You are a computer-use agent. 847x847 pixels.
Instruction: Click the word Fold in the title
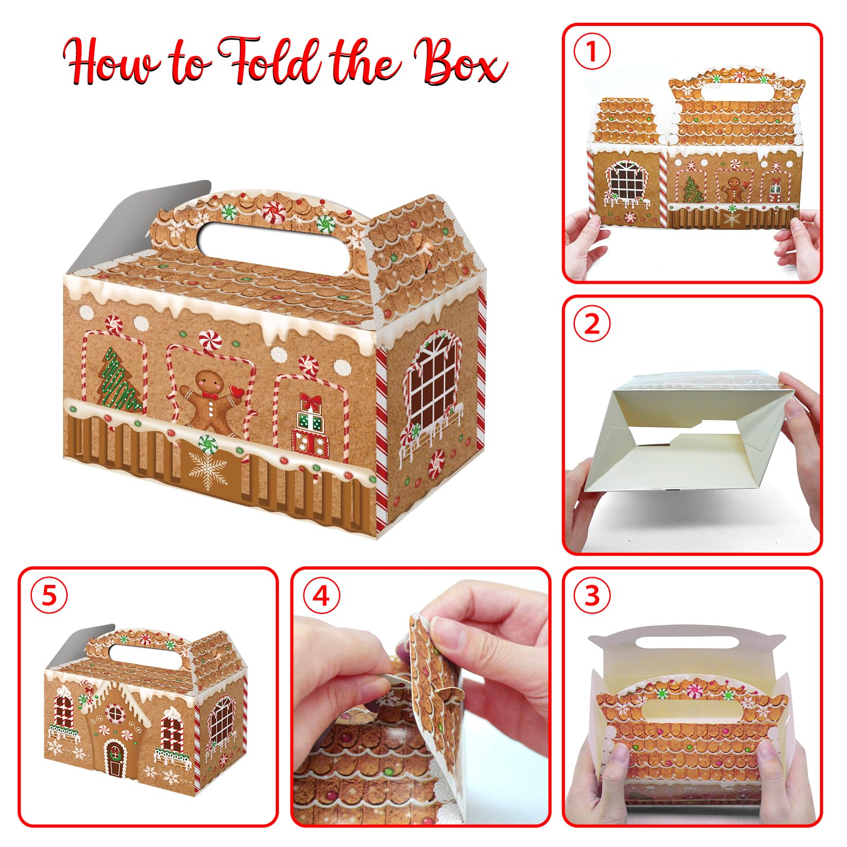[270, 61]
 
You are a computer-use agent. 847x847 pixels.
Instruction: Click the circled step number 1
[592, 52]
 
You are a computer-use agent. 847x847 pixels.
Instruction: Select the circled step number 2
[592, 323]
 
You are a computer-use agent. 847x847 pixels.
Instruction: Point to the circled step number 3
[592, 595]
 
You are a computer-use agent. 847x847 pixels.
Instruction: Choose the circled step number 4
[321, 595]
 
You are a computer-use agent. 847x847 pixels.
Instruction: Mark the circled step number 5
[49, 595]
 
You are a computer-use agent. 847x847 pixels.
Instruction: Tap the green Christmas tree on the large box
[121, 380]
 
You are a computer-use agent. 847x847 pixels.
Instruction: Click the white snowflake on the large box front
[208, 469]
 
